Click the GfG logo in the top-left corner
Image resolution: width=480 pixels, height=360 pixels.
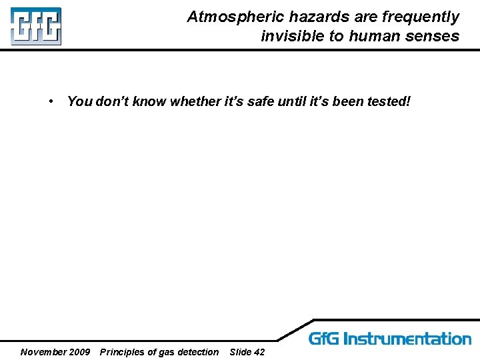pyautogui.click(x=35, y=27)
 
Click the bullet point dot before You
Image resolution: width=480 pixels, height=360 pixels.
pyautogui.click(x=51, y=101)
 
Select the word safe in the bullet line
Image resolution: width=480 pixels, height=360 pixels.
pyautogui.click(x=261, y=101)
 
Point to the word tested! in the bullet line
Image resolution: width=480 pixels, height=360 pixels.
pyautogui.click(x=389, y=101)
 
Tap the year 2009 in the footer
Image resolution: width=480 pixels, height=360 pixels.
pyautogui.click(x=79, y=352)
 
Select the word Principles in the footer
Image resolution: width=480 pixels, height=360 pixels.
pyautogui.click(x=123, y=352)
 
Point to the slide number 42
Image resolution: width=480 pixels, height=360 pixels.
pyautogui.click(x=259, y=352)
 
